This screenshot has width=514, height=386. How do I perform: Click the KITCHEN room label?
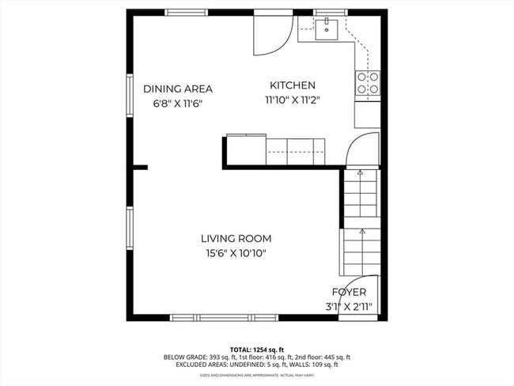pyautogui.click(x=293, y=85)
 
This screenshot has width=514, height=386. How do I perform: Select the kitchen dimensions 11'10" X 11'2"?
pyautogui.click(x=293, y=100)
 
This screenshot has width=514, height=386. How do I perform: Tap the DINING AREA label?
pyautogui.click(x=178, y=89)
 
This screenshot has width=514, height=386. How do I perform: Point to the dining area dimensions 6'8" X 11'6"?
pyautogui.click(x=178, y=104)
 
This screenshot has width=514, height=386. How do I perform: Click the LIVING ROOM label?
pyautogui.click(x=236, y=238)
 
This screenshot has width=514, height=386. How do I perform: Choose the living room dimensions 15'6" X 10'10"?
pyautogui.click(x=236, y=253)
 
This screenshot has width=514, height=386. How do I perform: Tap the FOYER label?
pyautogui.click(x=349, y=292)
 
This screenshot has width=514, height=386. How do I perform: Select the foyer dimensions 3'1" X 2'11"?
pyautogui.click(x=349, y=306)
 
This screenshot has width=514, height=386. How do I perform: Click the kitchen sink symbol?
pyautogui.click(x=326, y=30)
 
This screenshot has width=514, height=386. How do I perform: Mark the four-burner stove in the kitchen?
pyautogui.click(x=367, y=83)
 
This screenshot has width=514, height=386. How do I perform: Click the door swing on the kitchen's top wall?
pyautogui.click(x=270, y=33)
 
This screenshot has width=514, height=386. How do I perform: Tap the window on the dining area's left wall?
pyautogui.click(x=130, y=97)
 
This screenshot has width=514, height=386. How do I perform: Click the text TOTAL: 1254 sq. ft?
pyautogui.click(x=256, y=349)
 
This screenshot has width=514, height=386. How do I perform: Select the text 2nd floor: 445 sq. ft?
pyautogui.click(x=319, y=358)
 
